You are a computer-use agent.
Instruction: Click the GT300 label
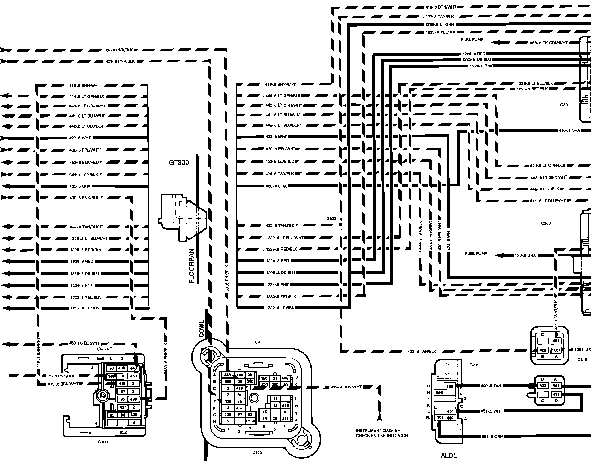(x=179, y=163)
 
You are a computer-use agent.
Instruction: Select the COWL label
(x=202, y=328)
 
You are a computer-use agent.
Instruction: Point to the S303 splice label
(x=331, y=218)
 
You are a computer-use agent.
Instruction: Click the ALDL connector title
(x=449, y=456)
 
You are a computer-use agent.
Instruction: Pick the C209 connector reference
(x=474, y=365)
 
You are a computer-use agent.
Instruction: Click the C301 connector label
(x=565, y=105)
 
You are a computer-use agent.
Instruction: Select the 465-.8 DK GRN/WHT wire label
(x=549, y=43)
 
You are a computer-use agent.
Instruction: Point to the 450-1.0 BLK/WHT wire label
(x=85, y=343)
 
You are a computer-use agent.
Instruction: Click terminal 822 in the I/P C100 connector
(x=285, y=405)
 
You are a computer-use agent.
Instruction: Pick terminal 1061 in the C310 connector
(x=556, y=350)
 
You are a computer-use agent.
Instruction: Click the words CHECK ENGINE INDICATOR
(x=382, y=436)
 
